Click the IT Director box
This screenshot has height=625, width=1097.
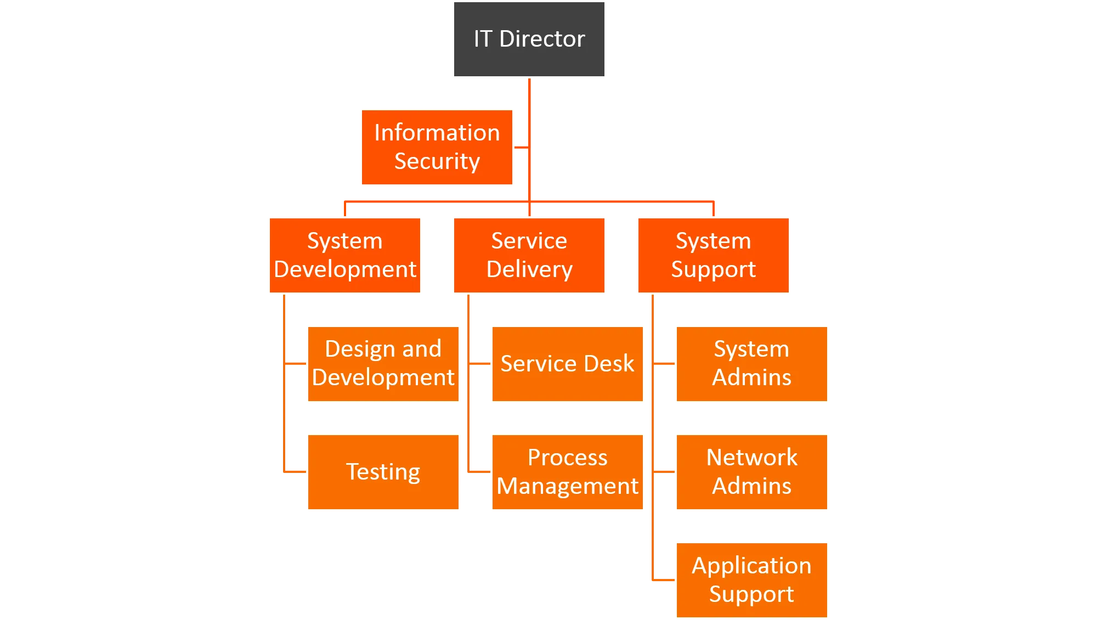tap(529, 39)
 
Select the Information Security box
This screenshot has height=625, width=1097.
tap(437, 147)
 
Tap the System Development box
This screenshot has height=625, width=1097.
tap(345, 255)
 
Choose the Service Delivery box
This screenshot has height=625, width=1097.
tap(529, 255)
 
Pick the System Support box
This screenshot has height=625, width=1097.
tap(714, 255)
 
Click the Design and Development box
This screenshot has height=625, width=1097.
tap(383, 364)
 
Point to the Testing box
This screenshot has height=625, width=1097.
tap(383, 472)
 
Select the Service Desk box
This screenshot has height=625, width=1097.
tap(568, 364)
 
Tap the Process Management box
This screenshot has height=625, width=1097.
tap(568, 472)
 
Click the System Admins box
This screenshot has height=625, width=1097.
tap(752, 364)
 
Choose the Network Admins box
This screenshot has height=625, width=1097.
tap(752, 472)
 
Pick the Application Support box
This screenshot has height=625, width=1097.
tap(752, 580)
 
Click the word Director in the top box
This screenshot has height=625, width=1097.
tap(542, 39)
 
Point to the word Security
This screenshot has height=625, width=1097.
tap(437, 162)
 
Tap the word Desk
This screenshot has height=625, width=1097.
tap(609, 363)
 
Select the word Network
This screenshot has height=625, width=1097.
tap(752, 457)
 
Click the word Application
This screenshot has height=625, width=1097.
tap(752, 566)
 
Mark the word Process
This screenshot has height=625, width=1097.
tap(568, 457)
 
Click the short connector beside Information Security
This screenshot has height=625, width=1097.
tap(521, 147)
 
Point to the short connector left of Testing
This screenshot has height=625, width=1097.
tap(295, 471)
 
